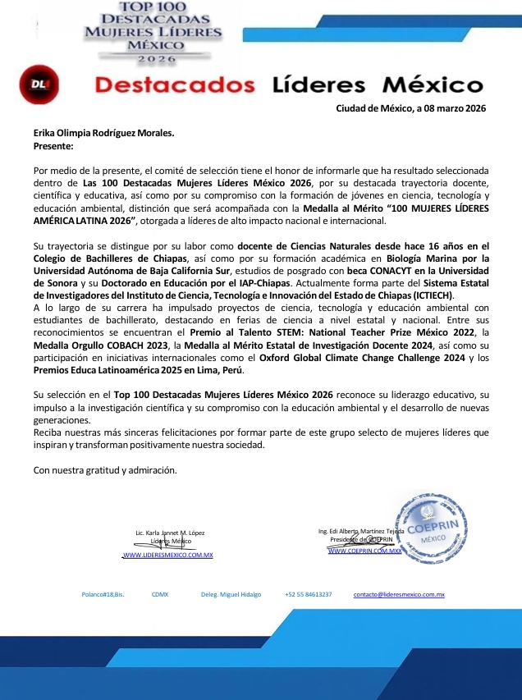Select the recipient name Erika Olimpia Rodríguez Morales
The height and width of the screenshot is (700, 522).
(x=103, y=133)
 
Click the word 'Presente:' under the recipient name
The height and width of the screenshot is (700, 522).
(x=53, y=145)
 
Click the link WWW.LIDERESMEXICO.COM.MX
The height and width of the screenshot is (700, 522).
(x=167, y=556)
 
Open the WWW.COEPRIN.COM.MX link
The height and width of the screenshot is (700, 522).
(x=364, y=551)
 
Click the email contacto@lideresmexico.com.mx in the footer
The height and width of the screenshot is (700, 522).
(x=399, y=594)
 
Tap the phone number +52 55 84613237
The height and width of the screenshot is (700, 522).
(x=309, y=594)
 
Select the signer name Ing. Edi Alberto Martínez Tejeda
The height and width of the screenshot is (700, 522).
(x=361, y=531)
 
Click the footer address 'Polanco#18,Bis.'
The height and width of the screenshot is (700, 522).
(x=103, y=594)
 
